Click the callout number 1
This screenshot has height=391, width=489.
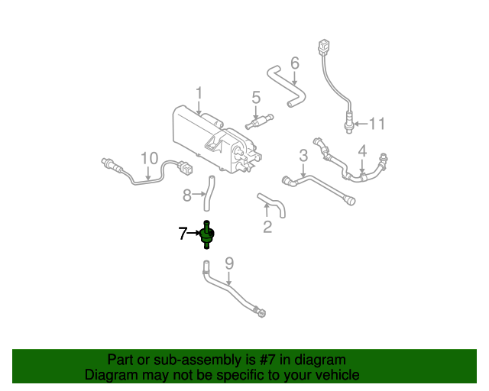[198, 95]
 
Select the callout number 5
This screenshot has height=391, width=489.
[256, 98]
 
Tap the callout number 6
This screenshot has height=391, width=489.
[295, 63]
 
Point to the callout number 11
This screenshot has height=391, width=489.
[377, 124]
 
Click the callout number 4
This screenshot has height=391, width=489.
[362, 151]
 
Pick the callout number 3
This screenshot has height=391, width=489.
[303, 156]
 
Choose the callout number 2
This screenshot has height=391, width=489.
[267, 226]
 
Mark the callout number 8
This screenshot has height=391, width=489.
[186, 195]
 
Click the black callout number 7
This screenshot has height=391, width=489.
[183, 234]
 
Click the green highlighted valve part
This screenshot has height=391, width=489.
[207, 235]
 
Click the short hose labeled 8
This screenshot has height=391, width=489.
[207, 193]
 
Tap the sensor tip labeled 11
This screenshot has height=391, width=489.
[348, 122]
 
